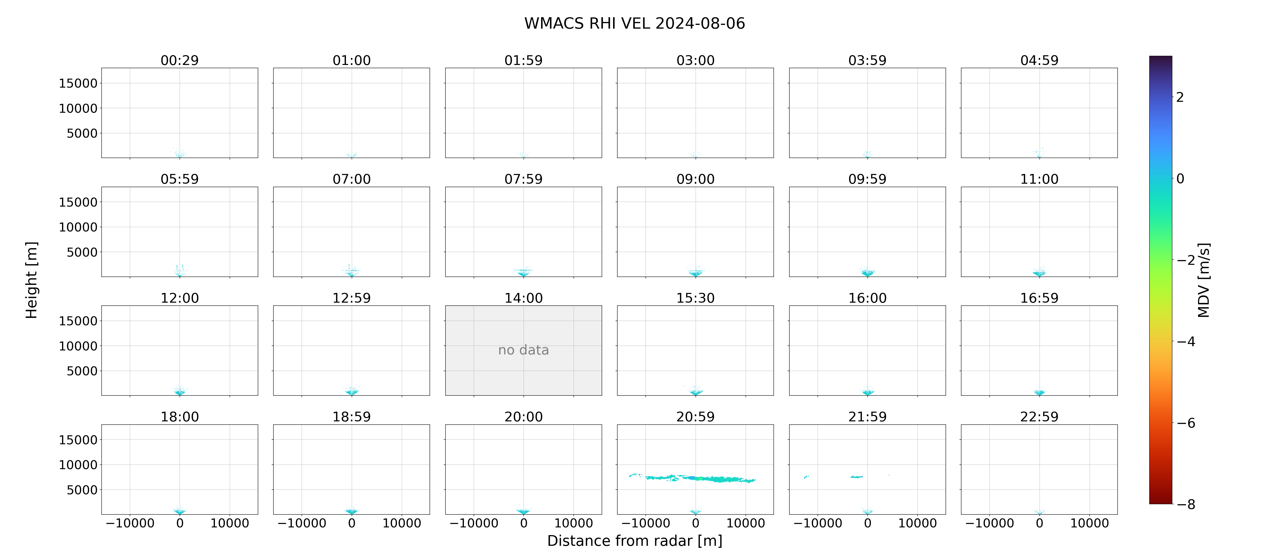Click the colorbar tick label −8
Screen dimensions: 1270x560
point(1186,504)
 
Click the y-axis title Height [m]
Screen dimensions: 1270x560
point(31,280)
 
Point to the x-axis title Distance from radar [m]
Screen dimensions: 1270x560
point(635,541)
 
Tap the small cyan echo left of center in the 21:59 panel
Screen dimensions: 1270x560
point(856,477)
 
